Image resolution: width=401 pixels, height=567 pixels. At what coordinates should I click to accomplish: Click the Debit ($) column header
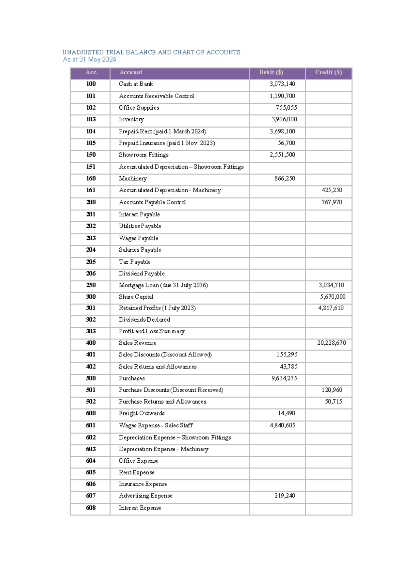271,72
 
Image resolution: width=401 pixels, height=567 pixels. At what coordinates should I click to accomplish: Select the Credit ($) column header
328,72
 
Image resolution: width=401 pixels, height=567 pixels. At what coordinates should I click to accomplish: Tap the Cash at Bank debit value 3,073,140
282,84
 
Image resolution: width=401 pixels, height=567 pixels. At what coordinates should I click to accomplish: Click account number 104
91,131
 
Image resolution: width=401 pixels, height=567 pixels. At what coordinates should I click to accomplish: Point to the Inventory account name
131,119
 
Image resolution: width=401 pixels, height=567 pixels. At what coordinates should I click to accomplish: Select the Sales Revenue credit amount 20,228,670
331,343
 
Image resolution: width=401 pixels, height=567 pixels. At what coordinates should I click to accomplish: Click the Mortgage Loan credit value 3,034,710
331,285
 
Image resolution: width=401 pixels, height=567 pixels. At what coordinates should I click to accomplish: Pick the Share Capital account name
136,297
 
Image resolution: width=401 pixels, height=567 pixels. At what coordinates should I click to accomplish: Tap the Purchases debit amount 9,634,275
284,378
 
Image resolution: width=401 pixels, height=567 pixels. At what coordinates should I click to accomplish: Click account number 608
91,507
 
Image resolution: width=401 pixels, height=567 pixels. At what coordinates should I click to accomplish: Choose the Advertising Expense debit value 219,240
285,495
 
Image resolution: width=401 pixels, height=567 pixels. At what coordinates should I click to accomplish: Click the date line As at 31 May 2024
90,60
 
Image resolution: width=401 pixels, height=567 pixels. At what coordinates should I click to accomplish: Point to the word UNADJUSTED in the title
83,52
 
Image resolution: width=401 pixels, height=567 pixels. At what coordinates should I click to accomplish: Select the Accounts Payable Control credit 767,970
331,202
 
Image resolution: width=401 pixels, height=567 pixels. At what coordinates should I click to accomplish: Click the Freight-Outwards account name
142,413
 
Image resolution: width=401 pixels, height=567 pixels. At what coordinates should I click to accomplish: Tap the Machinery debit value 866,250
285,178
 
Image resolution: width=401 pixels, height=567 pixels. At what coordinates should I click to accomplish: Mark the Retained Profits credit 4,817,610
331,308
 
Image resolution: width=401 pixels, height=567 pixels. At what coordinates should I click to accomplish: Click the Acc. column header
92,72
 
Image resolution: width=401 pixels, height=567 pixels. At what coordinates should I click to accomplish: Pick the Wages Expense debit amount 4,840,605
282,425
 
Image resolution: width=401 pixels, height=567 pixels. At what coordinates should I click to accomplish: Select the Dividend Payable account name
142,273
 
